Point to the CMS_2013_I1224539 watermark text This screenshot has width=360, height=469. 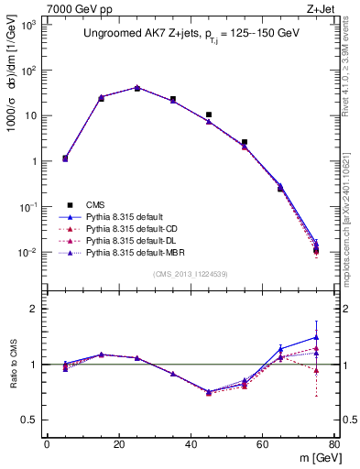(x=191, y=274)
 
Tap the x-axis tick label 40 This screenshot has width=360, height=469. (x=190, y=446)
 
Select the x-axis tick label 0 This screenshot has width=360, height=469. (x=47, y=446)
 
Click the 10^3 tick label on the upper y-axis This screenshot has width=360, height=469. (x=27, y=25)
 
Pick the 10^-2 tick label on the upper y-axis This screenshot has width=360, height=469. (x=27, y=252)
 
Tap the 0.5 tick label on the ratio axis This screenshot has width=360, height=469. (x=30, y=420)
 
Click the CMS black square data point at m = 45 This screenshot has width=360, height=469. (x=209, y=115)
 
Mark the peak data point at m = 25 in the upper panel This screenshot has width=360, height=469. (x=136, y=88)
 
